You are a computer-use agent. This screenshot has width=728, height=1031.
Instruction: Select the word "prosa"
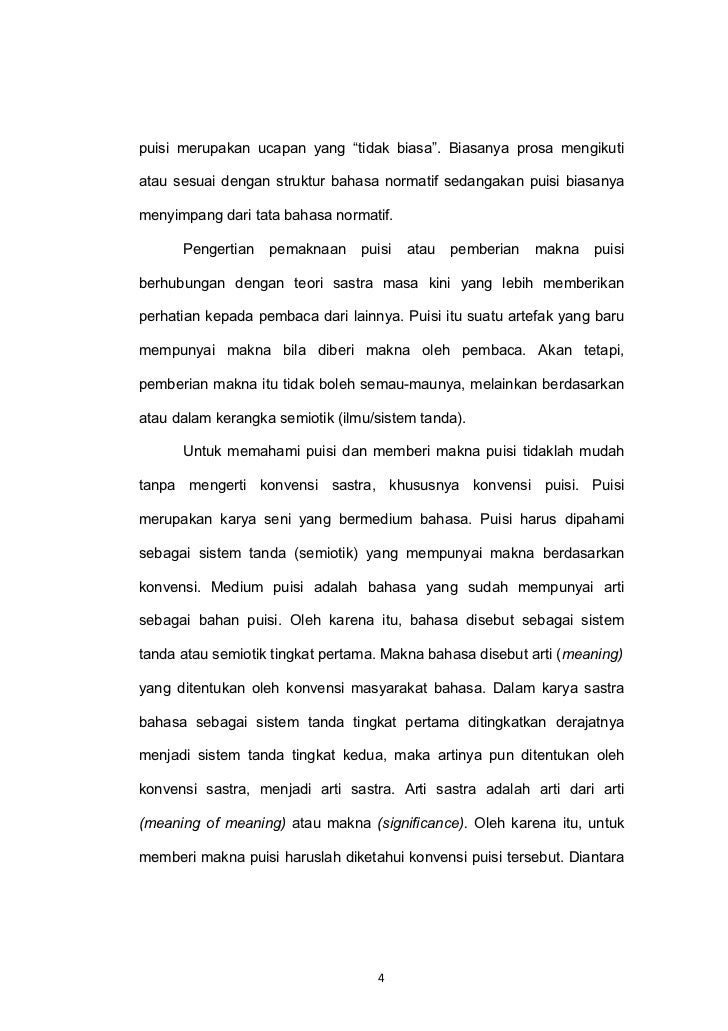pos(539,151)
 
